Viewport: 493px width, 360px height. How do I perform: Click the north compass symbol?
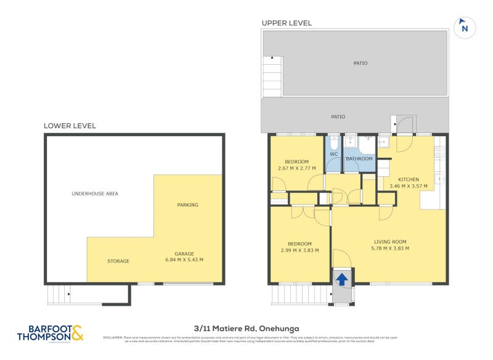coord(465,28)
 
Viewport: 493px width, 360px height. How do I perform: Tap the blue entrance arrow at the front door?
coord(341,280)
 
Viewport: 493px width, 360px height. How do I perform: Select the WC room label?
coord(333,154)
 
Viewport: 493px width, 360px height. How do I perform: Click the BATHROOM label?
coord(359,158)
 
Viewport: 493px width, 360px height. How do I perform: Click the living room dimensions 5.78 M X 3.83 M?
coord(390,248)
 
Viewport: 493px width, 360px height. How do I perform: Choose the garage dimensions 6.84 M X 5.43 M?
coord(184,260)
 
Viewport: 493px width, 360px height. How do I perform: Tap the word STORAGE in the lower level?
coord(118,261)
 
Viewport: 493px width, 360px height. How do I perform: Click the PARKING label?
coord(187,205)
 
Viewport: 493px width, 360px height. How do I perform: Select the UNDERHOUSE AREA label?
coord(95,194)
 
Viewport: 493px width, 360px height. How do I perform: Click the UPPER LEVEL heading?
coord(287,23)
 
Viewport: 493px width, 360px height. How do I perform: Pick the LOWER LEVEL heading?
coord(70,126)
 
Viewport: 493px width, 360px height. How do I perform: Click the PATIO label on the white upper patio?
coord(361,63)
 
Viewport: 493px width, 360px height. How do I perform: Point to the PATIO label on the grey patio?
coord(338,117)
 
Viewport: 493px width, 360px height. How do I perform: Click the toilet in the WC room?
coord(333,142)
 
